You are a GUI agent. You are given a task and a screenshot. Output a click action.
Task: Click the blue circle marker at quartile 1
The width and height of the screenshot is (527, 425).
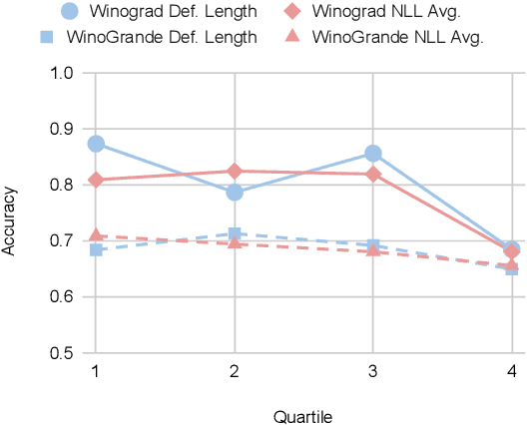tap(96, 144)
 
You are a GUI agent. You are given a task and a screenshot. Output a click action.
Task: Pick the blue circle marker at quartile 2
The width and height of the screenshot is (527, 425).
tap(235, 192)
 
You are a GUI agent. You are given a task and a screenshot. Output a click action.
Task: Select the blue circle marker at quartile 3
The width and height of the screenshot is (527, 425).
tap(373, 153)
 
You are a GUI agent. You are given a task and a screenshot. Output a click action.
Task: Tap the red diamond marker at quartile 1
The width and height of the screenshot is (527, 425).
tap(96, 180)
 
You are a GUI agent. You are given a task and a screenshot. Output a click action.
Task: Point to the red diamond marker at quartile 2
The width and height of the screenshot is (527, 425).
tap(235, 172)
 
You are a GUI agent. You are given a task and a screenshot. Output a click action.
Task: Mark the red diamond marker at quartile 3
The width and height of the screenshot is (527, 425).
tap(373, 174)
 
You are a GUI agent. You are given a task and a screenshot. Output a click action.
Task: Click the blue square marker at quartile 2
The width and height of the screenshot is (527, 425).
tap(235, 234)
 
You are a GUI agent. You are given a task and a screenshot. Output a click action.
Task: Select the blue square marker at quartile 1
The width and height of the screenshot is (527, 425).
tap(96, 249)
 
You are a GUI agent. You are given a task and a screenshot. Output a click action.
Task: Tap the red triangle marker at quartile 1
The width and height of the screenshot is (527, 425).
tap(96, 235)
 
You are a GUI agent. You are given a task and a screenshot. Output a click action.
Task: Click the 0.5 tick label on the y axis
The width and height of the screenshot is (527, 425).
tap(60, 352)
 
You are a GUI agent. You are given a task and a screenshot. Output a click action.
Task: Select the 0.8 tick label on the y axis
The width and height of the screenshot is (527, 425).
tap(60, 185)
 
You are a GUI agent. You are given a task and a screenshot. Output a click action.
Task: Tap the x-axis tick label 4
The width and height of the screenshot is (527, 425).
tap(512, 371)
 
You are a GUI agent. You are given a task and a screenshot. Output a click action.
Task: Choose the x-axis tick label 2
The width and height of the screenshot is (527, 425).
tap(235, 371)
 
